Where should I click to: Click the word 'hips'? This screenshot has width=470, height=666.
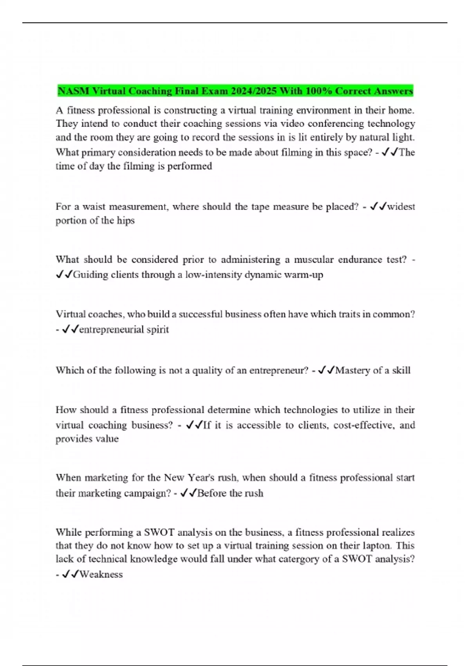pos(126,220)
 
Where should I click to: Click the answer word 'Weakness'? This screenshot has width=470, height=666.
pos(101,574)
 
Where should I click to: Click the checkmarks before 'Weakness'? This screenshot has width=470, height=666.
pos(70,574)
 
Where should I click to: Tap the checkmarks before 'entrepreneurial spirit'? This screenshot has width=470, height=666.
pos(70,329)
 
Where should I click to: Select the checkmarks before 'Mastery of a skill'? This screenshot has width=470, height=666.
pos(326,370)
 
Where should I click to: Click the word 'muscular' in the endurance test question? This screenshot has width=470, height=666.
pos(312,260)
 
